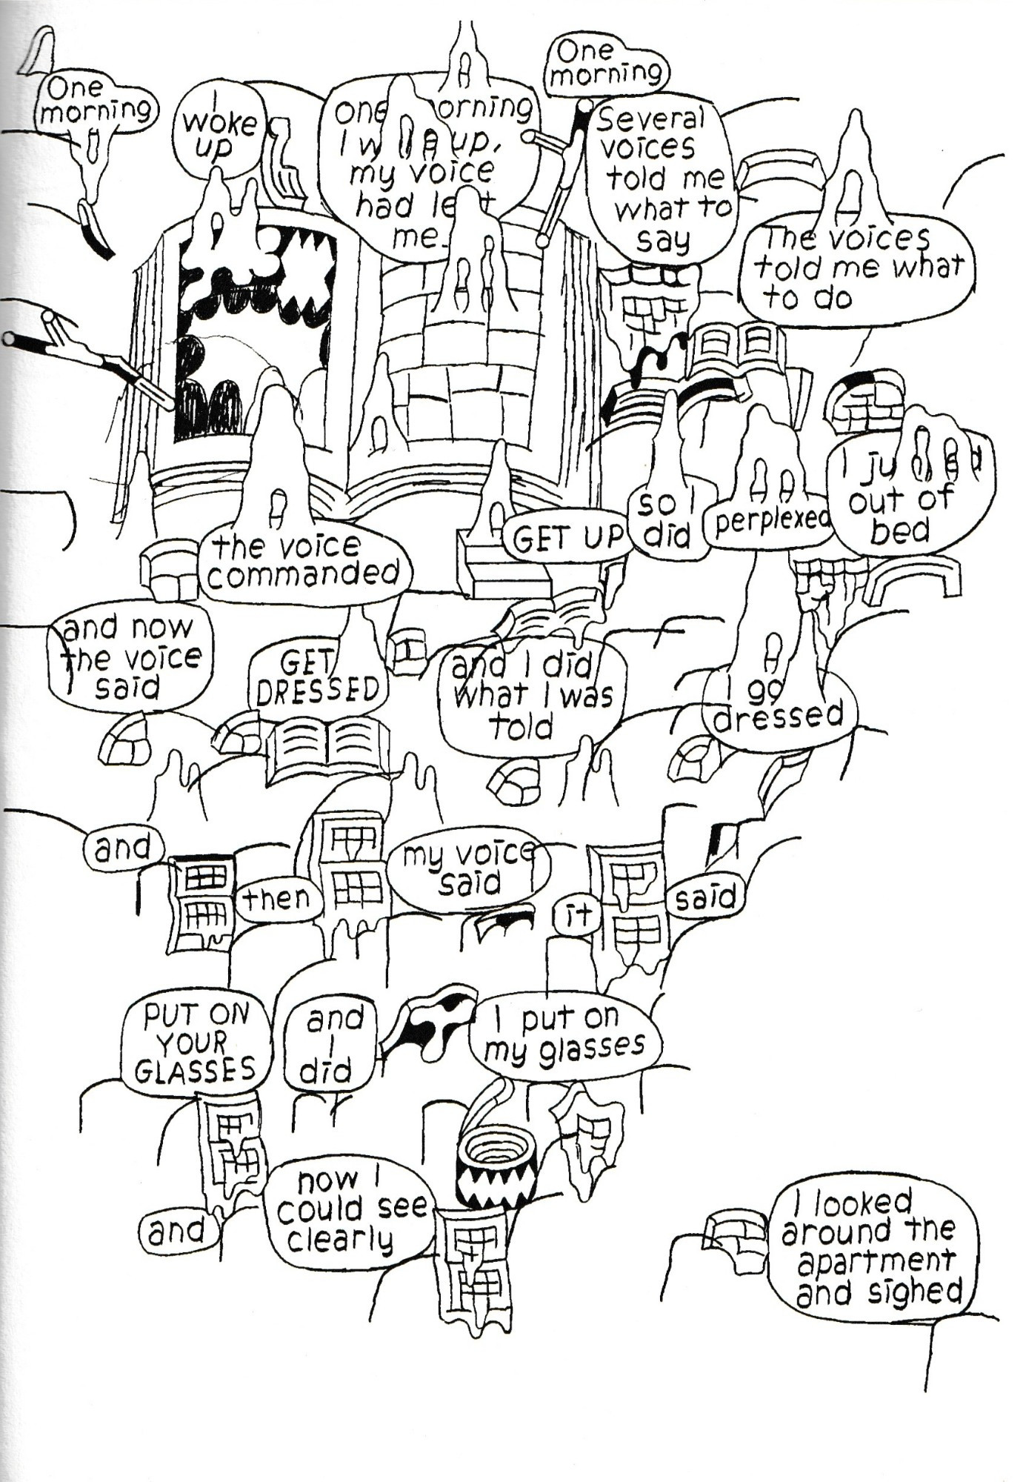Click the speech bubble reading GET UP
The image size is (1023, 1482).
[567, 538]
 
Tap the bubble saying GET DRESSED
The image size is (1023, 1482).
[319, 680]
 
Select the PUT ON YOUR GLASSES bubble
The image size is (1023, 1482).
[196, 1043]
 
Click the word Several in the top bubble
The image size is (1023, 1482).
[650, 119]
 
